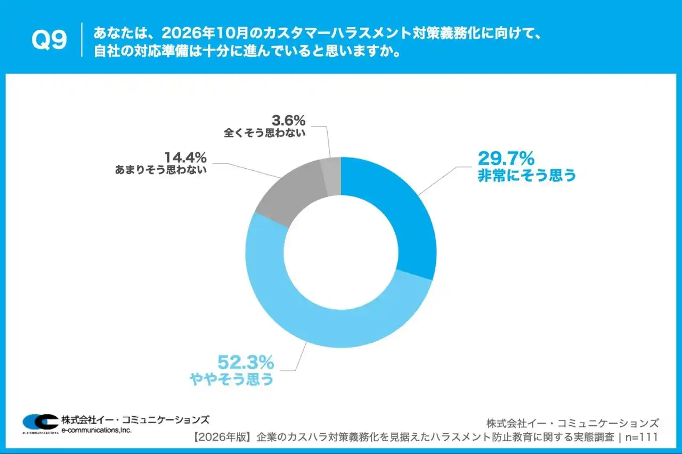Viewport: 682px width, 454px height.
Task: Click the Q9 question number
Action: click(x=49, y=40)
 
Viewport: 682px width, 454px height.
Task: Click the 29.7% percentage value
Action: click(x=506, y=159)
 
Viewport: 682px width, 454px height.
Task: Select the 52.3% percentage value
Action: click(x=246, y=363)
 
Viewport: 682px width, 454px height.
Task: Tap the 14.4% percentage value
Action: click(x=185, y=158)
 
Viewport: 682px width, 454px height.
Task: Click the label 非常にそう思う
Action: click(x=527, y=176)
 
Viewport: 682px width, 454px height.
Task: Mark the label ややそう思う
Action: click(x=231, y=379)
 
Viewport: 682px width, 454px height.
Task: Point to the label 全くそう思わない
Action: click(x=265, y=133)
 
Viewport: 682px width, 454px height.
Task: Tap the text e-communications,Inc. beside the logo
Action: click(x=96, y=430)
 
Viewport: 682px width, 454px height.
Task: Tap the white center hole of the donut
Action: click(x=341, y=252)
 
